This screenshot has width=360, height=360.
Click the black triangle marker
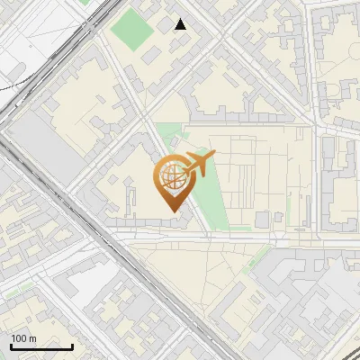point(181,24)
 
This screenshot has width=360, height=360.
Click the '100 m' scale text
point(24,338)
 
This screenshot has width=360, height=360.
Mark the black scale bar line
point(41,346)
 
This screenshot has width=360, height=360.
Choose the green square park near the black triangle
point(132,29)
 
